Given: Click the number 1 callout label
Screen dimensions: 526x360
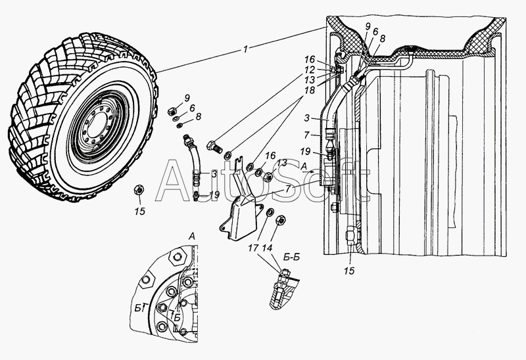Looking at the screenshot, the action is (245, 49).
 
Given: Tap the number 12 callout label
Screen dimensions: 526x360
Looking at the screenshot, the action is (310, 70).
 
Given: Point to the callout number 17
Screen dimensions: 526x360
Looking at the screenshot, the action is (253, 248).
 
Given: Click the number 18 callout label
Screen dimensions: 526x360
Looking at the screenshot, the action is (310, 91).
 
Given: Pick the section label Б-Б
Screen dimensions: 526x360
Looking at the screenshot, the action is (291, 257).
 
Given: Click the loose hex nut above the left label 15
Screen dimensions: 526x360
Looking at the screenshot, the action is (139, 190).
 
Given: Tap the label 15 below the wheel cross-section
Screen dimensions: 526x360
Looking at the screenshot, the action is (349, 271).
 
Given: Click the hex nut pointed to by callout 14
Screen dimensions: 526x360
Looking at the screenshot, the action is (280, 221).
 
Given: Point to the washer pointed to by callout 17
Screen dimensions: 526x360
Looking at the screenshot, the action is (270, 212).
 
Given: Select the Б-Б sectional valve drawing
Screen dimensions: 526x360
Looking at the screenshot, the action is (284, 289).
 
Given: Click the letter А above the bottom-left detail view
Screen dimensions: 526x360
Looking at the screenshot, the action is (191, 236).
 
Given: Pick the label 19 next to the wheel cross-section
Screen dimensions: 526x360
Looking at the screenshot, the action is (305, 152).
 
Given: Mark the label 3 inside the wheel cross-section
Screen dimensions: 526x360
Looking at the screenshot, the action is (307, 118).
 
